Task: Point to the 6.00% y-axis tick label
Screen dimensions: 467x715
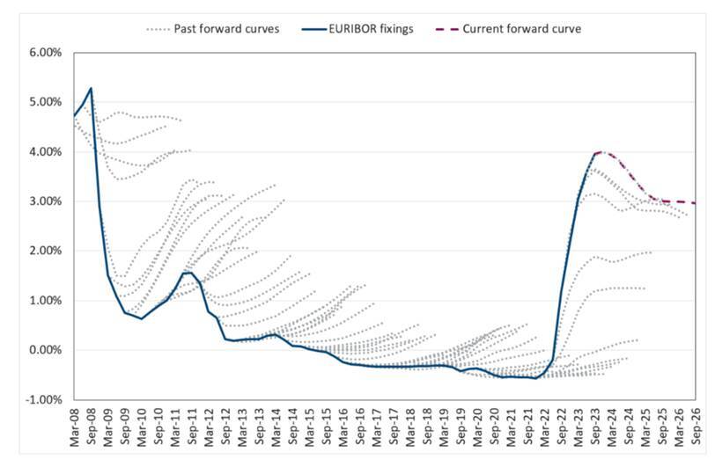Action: [45, 53]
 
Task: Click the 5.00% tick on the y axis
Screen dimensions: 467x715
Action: [45, 102]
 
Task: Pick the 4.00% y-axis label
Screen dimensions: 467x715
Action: [45, 152]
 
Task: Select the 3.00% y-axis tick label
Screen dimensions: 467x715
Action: [45, 201]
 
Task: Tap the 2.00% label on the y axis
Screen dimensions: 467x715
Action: [45, 251]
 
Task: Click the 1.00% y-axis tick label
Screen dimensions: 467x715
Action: [45, 301]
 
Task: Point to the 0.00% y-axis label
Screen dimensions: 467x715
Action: [45, 350]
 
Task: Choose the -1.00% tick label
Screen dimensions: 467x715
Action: [43, 399]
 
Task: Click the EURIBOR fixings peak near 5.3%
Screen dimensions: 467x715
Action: [91, 88]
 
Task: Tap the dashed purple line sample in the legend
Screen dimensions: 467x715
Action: [451, 29]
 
